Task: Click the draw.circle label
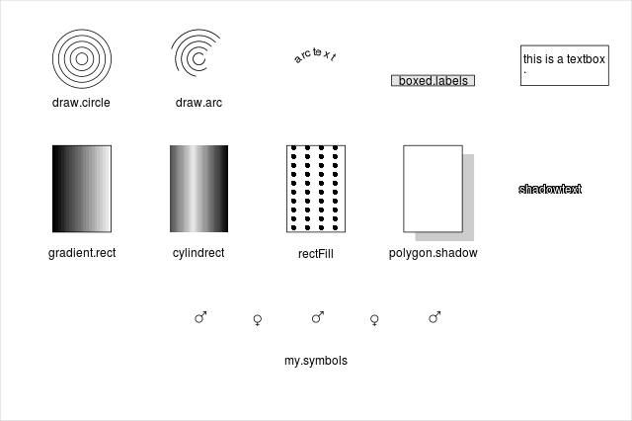tap(81, 103)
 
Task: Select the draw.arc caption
tap(198, 103)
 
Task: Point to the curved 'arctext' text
tap(315, 54)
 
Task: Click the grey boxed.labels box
tap(433, 81)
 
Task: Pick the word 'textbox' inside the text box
tap(586, 59)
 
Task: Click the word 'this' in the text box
tap(532, 59)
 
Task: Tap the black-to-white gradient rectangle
tap(82, 189)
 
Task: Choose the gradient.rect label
tap(82, 253)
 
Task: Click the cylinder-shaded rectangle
tap(198, 189)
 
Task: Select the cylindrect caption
tap(198, 253)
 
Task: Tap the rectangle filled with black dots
tap(316, 189)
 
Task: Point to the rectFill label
tap(316, 254)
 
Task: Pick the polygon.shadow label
tap(433, 253)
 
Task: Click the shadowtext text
tap(550, 189)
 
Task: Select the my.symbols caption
tap(316, 361)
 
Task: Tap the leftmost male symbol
tap(200, 317)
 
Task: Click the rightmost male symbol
tap(434, 317)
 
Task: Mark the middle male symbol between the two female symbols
tap(318, 317)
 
